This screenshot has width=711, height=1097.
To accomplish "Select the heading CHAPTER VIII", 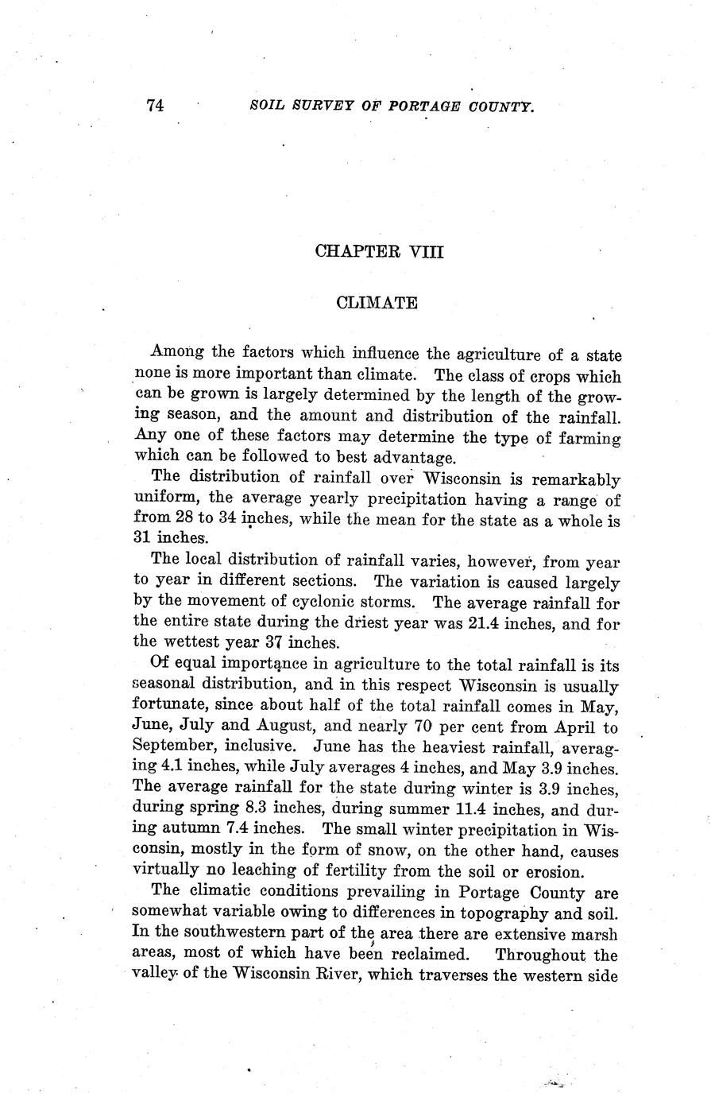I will click(378, 252).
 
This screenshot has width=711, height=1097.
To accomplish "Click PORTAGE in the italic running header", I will click(421, 106).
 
